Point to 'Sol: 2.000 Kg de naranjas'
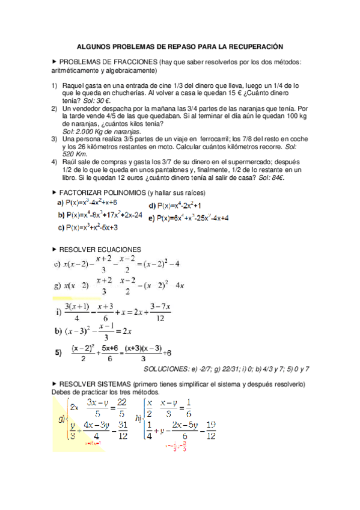pyautogui.click(x=102, y=131)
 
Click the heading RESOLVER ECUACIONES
pyautogui.click(x=100, y=249)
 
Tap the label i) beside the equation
pyautogui.click(x=59, y=312)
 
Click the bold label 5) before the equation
pyautogui.click(x=59, y=353)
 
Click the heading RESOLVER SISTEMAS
pyautogui.click(x=99, y=384)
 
